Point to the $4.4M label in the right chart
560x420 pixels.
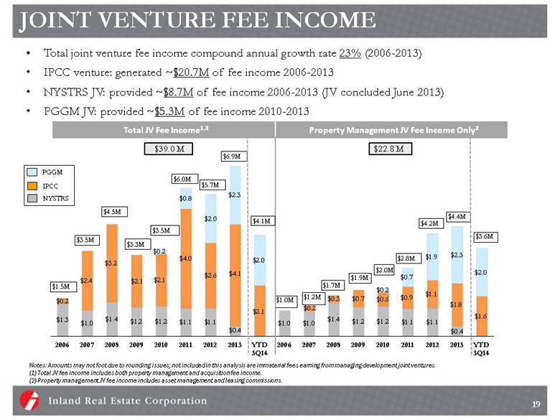point(457,216)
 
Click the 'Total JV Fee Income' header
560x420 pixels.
point(151,129)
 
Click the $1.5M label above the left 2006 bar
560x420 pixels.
point(61,286)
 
